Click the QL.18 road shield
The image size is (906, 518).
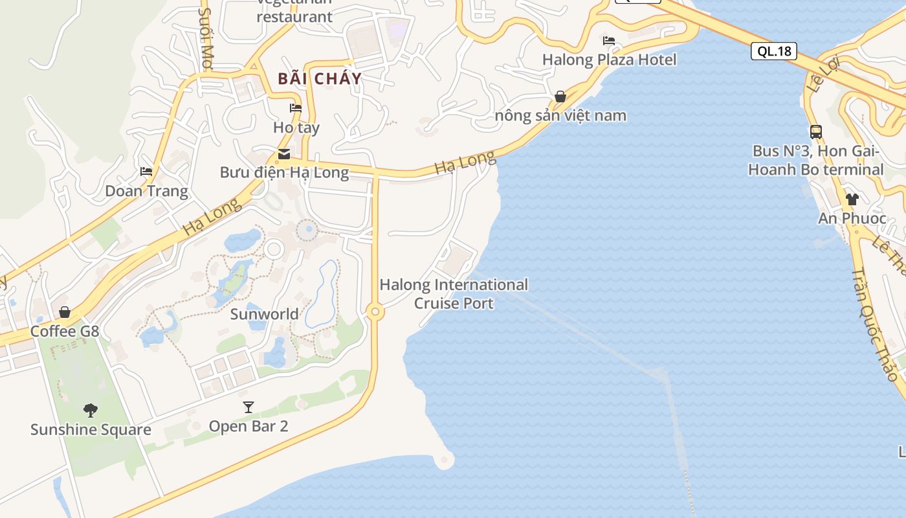773,51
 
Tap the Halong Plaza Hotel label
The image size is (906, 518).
609,60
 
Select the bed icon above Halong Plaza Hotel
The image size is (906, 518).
608,41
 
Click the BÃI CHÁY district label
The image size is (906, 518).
320,79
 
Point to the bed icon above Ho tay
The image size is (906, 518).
296,107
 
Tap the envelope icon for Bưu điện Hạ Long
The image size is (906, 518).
283,154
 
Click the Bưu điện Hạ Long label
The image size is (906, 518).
284,172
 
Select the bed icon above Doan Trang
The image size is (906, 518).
146,172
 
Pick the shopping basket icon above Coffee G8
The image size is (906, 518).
65,312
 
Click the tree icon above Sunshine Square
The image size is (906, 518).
91,409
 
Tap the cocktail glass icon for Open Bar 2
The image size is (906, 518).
248,407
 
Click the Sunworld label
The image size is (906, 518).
265,314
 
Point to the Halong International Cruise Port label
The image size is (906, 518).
454,293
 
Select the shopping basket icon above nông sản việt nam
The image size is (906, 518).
560,97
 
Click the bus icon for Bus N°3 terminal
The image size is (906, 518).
816,132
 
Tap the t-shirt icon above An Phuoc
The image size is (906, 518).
852,199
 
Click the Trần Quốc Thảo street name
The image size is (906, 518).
874,323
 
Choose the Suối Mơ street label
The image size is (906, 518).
206,39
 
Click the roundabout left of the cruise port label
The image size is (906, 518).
375,312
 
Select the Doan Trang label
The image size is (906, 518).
146,191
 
